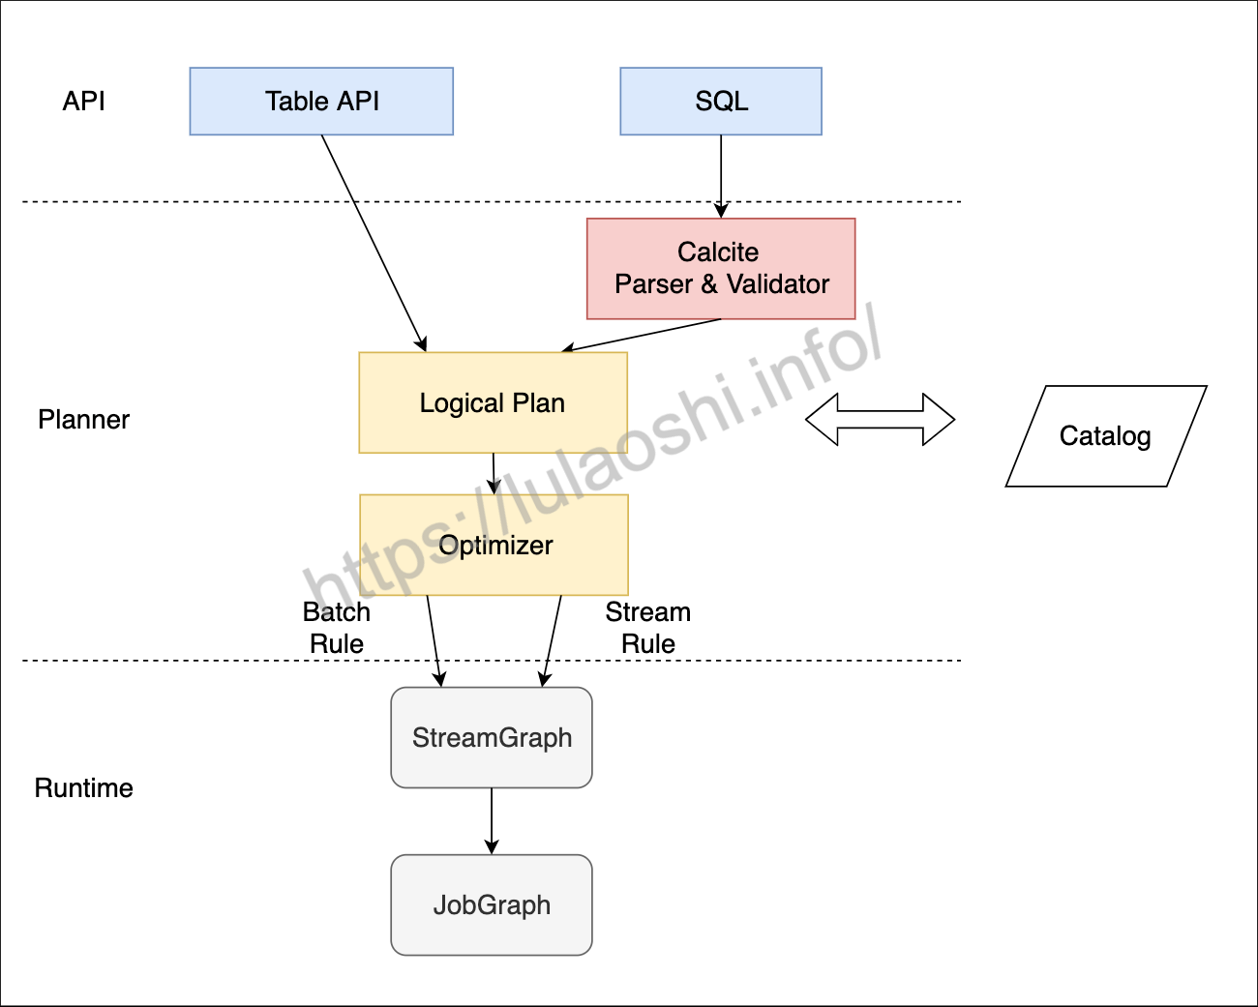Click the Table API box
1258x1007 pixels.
click(321, 101)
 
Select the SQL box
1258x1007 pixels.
click(721, 101)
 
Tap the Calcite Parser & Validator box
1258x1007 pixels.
click(721, 268)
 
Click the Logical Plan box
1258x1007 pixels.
click(493, 402)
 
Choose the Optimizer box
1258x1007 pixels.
click(494, 546)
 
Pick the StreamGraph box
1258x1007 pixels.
click(492, 737)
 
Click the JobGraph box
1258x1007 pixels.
click(492, 904)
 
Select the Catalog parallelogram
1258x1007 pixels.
click(1105, 436)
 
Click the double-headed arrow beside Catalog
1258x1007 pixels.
click(880, 420)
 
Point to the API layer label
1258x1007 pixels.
click(83, 101)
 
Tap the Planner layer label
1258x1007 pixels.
click(83, 420)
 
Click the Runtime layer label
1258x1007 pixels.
click(83, 787)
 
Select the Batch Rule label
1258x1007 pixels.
click(337, 628)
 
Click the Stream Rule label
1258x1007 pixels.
click(648, 628)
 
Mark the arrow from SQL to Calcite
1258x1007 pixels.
click(721, 174)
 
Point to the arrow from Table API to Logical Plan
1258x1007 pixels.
click(373, 242)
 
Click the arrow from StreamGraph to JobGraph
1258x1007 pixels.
click(492, 820)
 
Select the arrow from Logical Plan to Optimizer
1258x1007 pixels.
click(494, 473)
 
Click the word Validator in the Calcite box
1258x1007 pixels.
click(778, 284)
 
